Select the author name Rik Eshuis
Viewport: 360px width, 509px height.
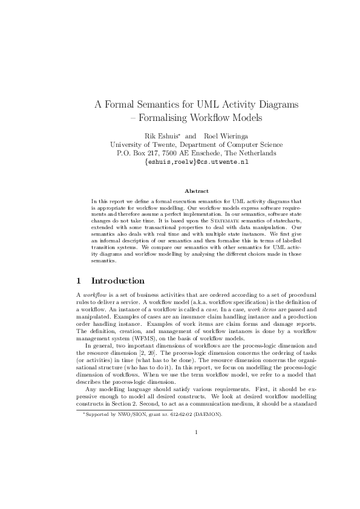pos(160,135)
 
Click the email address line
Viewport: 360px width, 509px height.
pos(180,162)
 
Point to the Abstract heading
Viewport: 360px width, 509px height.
pos(180,190)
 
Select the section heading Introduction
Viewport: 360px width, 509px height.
pos(117,280)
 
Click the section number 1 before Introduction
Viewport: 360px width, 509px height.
pos(79,280)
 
